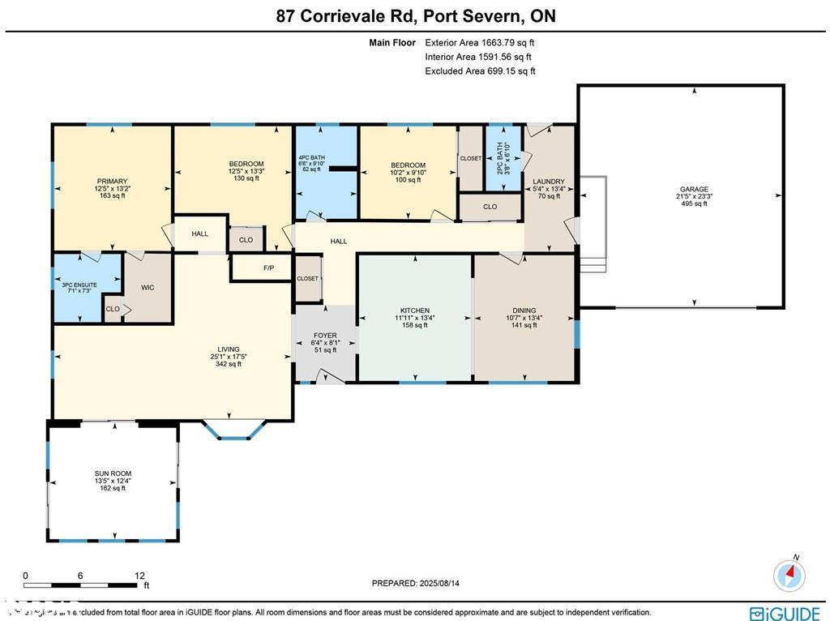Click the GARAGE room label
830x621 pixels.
tap(694, 188)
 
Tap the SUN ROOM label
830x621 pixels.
tap(113, 473)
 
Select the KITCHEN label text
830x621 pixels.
tap(414, 310)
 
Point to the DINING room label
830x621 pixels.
tap(524, 310)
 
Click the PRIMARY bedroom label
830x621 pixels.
tap(112, 182)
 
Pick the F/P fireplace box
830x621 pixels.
tap(269, 268)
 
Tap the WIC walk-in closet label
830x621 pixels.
tap(148, 287)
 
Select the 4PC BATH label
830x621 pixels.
tap(312, 157)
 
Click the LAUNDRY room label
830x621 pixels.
tap(549, 182)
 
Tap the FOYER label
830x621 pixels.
tap(325, 335)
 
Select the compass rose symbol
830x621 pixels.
tap(789, 576)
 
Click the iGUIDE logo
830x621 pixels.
tap(784, 613)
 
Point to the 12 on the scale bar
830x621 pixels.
tap(140, 576)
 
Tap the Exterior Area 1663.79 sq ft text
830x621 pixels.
tap(480, 42)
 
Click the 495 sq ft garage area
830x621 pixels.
tap(694, 203)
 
